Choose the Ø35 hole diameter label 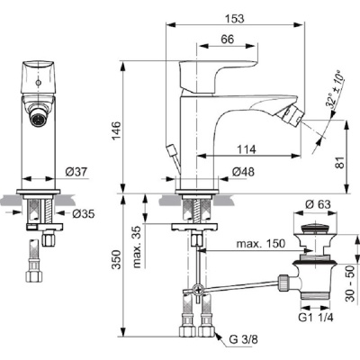pyautogui.click(x=81, y=214)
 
